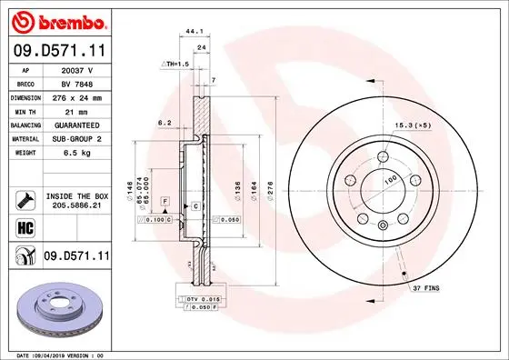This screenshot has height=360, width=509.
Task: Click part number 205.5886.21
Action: pyautogui.click(x=77, y=206)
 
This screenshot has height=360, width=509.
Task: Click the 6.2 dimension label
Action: pyautogui.click(x=165, y=121)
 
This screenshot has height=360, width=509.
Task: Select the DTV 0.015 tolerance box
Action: pyautogui.click(x=202, y=299)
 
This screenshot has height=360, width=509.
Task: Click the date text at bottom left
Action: pyautogui.click(x=56, y=354)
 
